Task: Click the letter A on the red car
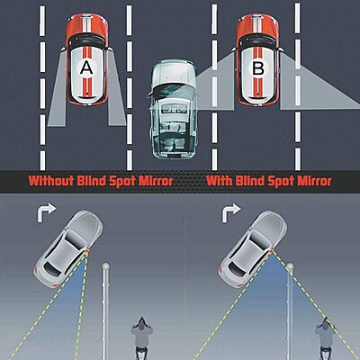pos(85,67)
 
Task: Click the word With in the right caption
pos(221,180)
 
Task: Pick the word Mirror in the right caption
pos(311,180)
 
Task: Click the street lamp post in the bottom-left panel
pos(106,306)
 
